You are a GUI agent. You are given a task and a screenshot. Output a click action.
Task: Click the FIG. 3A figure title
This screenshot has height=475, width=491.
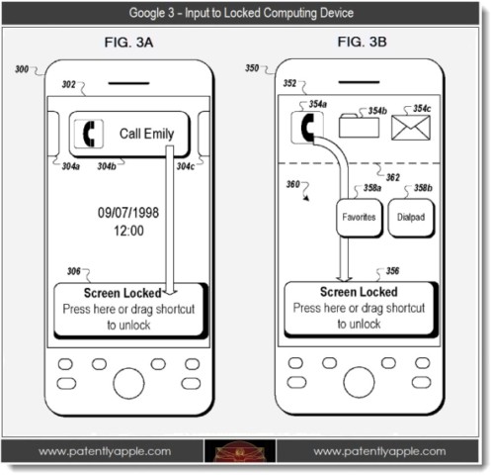click(x=128, y=43)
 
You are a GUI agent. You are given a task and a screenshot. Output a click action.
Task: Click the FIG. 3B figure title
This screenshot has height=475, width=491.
click(x=362, y=42)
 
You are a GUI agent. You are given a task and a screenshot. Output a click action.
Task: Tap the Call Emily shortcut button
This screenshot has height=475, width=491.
click(x=129, y=135)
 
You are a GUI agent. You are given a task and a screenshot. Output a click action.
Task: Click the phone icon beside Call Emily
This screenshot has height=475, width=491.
click(x=89, y=134)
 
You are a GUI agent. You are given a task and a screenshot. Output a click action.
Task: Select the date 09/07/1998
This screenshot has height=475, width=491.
click(x=128, y=213)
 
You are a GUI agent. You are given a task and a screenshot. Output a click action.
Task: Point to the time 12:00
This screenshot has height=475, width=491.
click(x=128, y=231)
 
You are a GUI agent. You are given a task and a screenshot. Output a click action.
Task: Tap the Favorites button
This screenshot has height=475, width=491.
click(x=360, y=218)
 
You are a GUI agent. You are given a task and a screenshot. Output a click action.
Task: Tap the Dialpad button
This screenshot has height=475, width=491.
click(x=411, y=218)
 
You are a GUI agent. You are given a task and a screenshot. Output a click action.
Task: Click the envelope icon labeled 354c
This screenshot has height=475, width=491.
click(x=411, y=128)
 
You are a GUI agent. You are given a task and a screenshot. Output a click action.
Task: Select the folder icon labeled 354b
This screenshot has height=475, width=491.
click(x=359, y=126)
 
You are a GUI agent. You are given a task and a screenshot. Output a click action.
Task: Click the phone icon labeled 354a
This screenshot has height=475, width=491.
click(x=307, y=128)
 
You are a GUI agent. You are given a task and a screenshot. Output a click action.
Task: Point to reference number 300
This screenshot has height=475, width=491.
click(x=22, y=69)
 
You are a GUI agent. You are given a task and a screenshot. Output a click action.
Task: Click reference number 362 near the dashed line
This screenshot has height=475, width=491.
click(x=393, y=177)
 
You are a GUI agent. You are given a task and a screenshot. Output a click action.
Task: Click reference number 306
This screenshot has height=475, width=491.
click(x=74, y=271)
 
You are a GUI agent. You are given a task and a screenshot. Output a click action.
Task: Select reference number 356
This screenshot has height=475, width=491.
click(x=392, y=271)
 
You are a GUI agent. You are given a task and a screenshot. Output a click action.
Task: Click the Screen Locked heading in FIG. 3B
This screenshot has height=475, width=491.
click(x=359, y=292)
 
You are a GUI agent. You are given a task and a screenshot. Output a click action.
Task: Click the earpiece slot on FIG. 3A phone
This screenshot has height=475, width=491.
click(x=128, y=83)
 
